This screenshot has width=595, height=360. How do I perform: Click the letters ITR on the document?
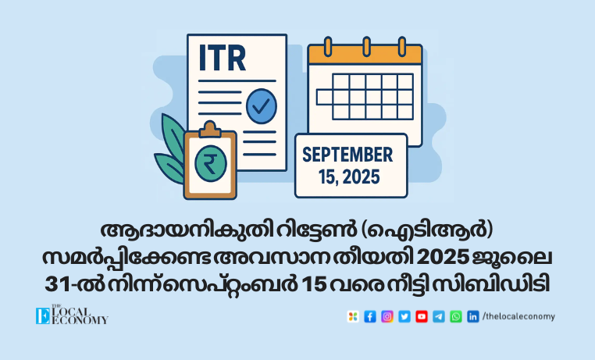tap(223, 58)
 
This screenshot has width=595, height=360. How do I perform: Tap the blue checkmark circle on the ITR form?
tap(262, 106)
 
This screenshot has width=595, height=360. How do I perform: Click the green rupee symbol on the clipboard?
tap(211, 163)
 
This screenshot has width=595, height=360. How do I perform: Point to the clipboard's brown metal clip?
tap(210, 130)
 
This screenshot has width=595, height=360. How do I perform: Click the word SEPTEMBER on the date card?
tap(347, 155)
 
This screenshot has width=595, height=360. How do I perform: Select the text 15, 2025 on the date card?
tap(349, 176)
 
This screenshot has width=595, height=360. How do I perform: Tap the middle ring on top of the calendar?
tap(366, 47)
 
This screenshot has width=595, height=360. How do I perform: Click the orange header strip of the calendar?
tap(365, 55)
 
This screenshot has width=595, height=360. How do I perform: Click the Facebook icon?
tap(370, 316)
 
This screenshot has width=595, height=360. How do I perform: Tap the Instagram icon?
tap(387, 316)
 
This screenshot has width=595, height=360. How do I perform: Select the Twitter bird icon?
tap(404, 316)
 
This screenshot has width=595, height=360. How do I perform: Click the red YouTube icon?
tap(421, 316)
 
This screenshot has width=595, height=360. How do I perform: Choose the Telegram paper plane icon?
tap(439, 316)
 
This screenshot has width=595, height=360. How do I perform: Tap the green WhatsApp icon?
tap(456, 316)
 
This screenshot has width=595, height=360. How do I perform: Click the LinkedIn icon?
tap(473, 316)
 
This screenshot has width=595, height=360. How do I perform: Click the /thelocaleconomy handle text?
tap(518, 316)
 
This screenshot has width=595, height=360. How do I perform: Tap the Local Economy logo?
tap(72, 315)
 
